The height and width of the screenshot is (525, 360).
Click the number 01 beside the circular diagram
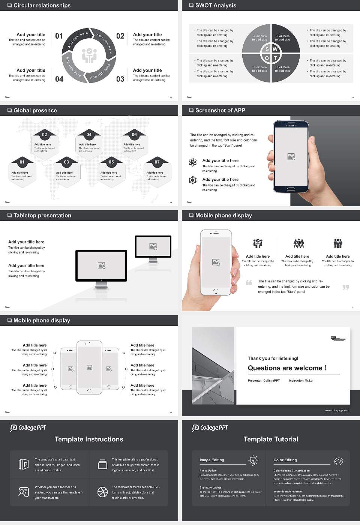click(59, 36)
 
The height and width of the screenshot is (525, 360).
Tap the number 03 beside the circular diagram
click(120, 79)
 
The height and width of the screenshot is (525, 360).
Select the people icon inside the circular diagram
click(89, 55)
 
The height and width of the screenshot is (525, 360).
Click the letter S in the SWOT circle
click(267, 49)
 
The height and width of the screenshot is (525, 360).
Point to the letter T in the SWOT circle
click(275, 58)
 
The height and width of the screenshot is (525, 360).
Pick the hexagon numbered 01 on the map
click(22, 171)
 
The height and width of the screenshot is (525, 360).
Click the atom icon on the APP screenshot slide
click(193, 162)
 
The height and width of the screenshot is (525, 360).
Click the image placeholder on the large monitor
click(101, 265)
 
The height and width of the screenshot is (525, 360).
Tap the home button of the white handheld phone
click(216, 291)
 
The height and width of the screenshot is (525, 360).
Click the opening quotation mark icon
click(249, 282)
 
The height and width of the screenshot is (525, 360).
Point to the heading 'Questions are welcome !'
click(287, 368)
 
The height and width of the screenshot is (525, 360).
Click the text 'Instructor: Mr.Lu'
click(300, 381)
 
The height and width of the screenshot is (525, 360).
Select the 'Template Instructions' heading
click(89, 439)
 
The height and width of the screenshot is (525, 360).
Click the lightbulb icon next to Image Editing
click(253, 460)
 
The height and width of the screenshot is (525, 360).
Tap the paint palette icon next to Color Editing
click(338, 461)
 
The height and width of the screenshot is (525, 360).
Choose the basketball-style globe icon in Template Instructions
click(102, 492)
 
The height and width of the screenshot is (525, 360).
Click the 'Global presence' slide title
click(35, 110)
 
